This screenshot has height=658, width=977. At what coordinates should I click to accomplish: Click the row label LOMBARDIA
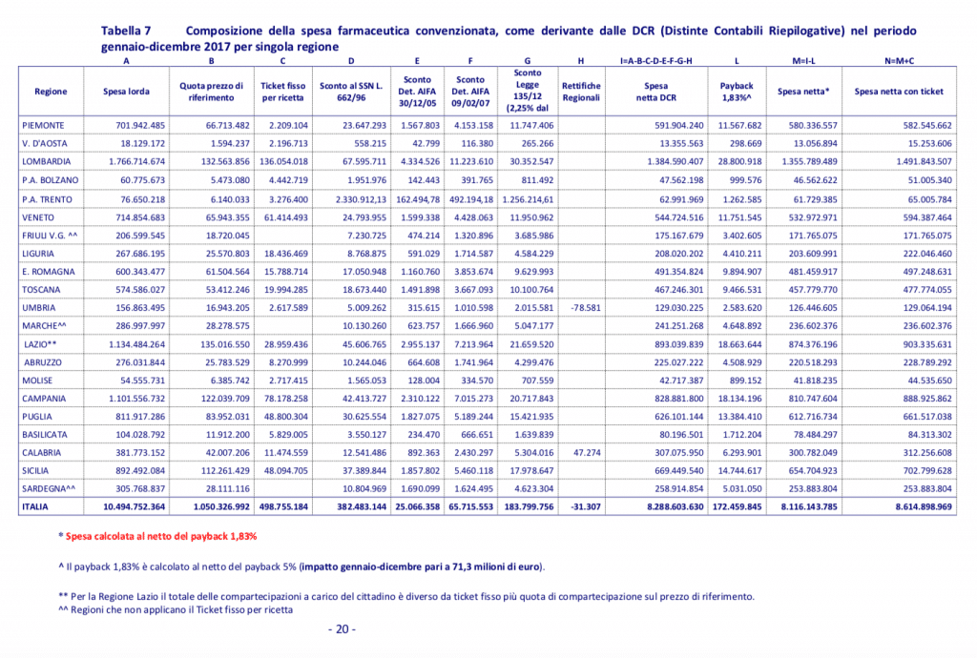[x=47, y=161]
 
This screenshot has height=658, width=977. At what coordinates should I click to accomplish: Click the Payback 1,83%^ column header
[x=736, y=92]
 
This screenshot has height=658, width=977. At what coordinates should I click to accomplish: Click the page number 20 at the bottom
[x=341, y=629]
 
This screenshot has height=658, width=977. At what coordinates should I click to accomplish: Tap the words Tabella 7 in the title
[x=131, y=31]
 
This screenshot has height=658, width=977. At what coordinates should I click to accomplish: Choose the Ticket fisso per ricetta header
[x=283, y=92]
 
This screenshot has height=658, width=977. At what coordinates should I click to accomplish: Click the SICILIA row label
[x=38, y=470]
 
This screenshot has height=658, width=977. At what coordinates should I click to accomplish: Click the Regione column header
[x=51, y=92]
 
